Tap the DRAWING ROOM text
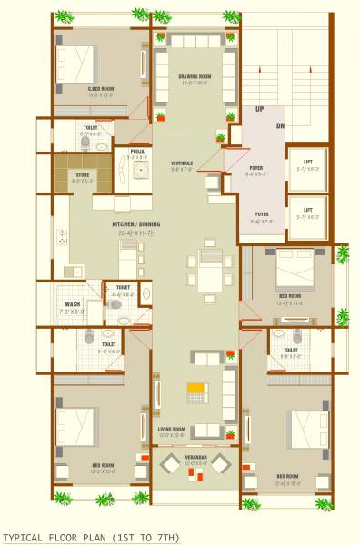pos(195,76)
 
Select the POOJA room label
pos(137,151)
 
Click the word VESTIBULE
pos(182,163)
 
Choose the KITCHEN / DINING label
pos(136,224)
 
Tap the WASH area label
pos(71,304)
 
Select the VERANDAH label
pos(195,457)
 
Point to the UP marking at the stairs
pos(260,109)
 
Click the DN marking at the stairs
pos(280,125)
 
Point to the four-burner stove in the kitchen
pos(62,238)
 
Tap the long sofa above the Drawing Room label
pos(195,42)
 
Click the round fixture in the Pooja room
pos(141,169)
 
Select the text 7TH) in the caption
pos(166,538)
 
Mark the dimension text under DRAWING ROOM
pos(195,84)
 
